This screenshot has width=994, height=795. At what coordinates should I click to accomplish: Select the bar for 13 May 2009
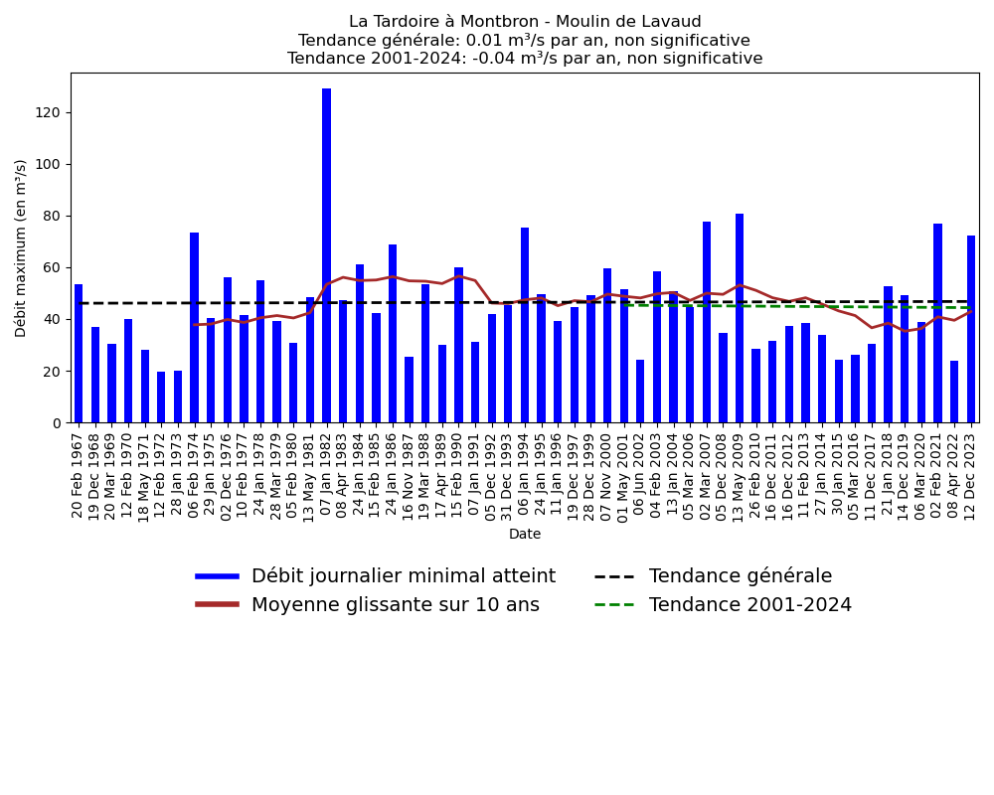[x=740, y=318]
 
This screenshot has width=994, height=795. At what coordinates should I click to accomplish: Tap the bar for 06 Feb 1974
[x=194, y=328]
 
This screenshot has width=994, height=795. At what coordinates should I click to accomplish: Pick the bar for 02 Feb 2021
[x=937, y=323]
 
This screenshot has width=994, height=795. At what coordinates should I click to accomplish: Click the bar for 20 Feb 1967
[x=79, y=354]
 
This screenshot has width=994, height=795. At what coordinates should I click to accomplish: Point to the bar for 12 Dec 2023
[x=971, y=329]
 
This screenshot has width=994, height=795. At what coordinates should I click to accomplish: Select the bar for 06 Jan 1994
[x=525, y=325]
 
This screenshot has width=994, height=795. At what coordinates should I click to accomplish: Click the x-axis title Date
[x=525, y=535]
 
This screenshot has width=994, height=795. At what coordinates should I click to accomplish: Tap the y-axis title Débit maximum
[x=22, y=247]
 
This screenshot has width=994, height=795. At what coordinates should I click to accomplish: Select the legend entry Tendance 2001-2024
[x=749, y=605]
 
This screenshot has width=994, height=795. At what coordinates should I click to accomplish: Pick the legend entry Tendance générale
[x=740, y=576]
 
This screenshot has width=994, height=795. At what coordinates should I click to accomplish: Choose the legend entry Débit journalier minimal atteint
[x=403, y=576]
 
